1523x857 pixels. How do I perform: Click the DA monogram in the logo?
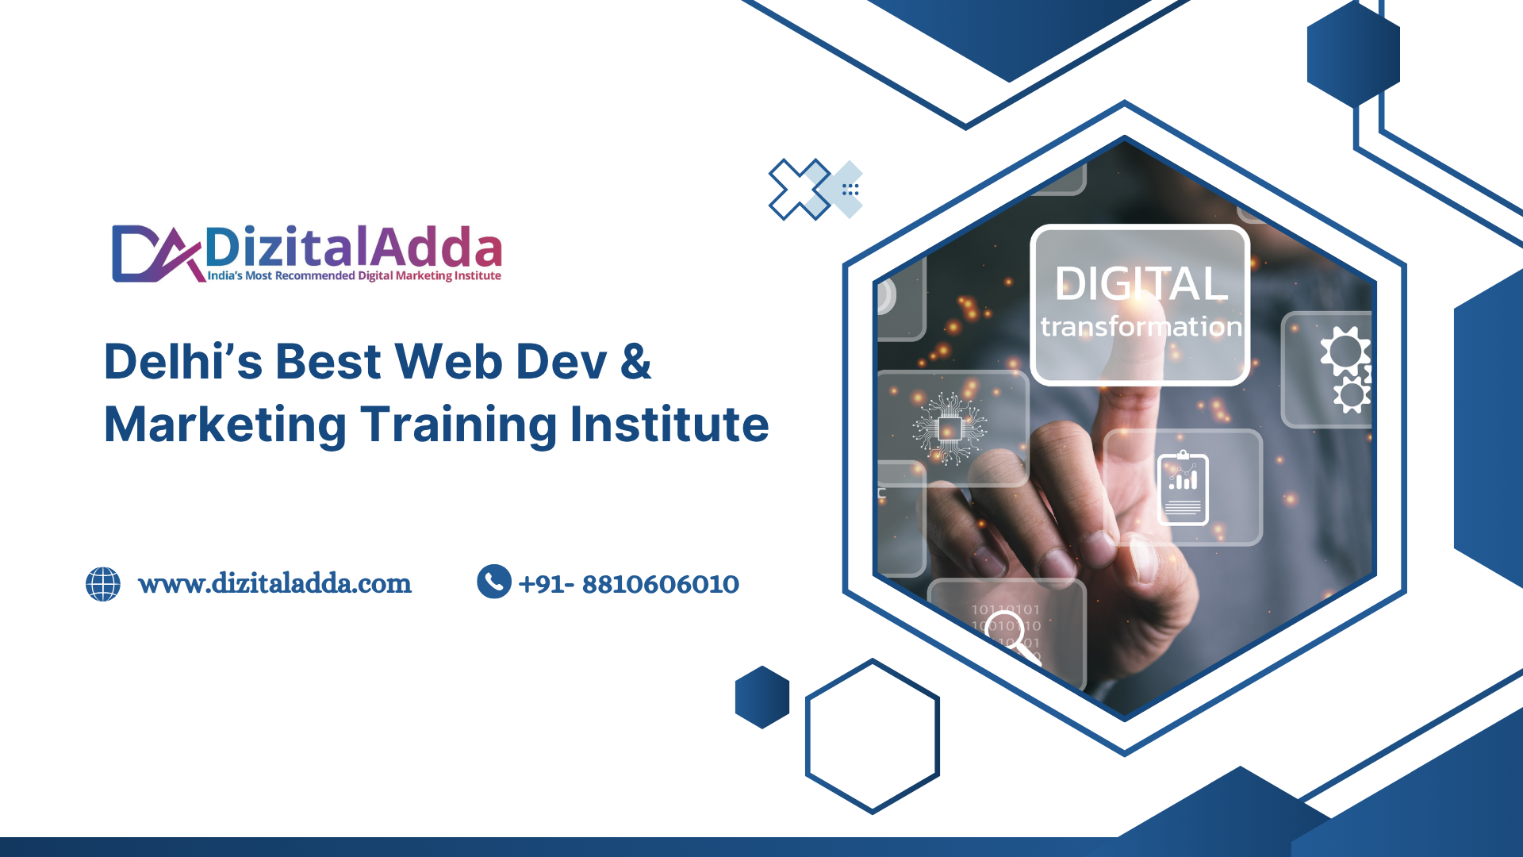(x=157, y=254)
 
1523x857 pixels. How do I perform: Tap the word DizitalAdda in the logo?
(x=354, y=247)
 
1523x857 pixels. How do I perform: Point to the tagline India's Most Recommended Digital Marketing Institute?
(x=354, y=276)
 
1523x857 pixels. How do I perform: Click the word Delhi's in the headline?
(x=183, y=362)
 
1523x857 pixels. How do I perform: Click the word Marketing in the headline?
(x=225, y=425)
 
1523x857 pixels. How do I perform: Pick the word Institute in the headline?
(x=669, y=425)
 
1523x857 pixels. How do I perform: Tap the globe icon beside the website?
(x=103, y=584)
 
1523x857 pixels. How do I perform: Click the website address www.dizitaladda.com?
(x=274, y=584)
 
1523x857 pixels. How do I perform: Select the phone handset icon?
(x=494, y=582)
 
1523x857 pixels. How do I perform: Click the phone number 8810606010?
(x=661, y=584)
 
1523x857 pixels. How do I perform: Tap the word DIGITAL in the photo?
(x=1141, y=283)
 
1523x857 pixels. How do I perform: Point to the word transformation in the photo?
(x=1141, y=326)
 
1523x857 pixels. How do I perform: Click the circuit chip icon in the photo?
(x=949, y=428)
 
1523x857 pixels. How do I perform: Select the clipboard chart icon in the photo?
(x=1183, y=488)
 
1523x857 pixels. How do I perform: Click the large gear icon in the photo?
(x=1345, y=351)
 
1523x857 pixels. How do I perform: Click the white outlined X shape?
(x=800, y=190)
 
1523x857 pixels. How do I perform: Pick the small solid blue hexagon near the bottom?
(x=762, y=697)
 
